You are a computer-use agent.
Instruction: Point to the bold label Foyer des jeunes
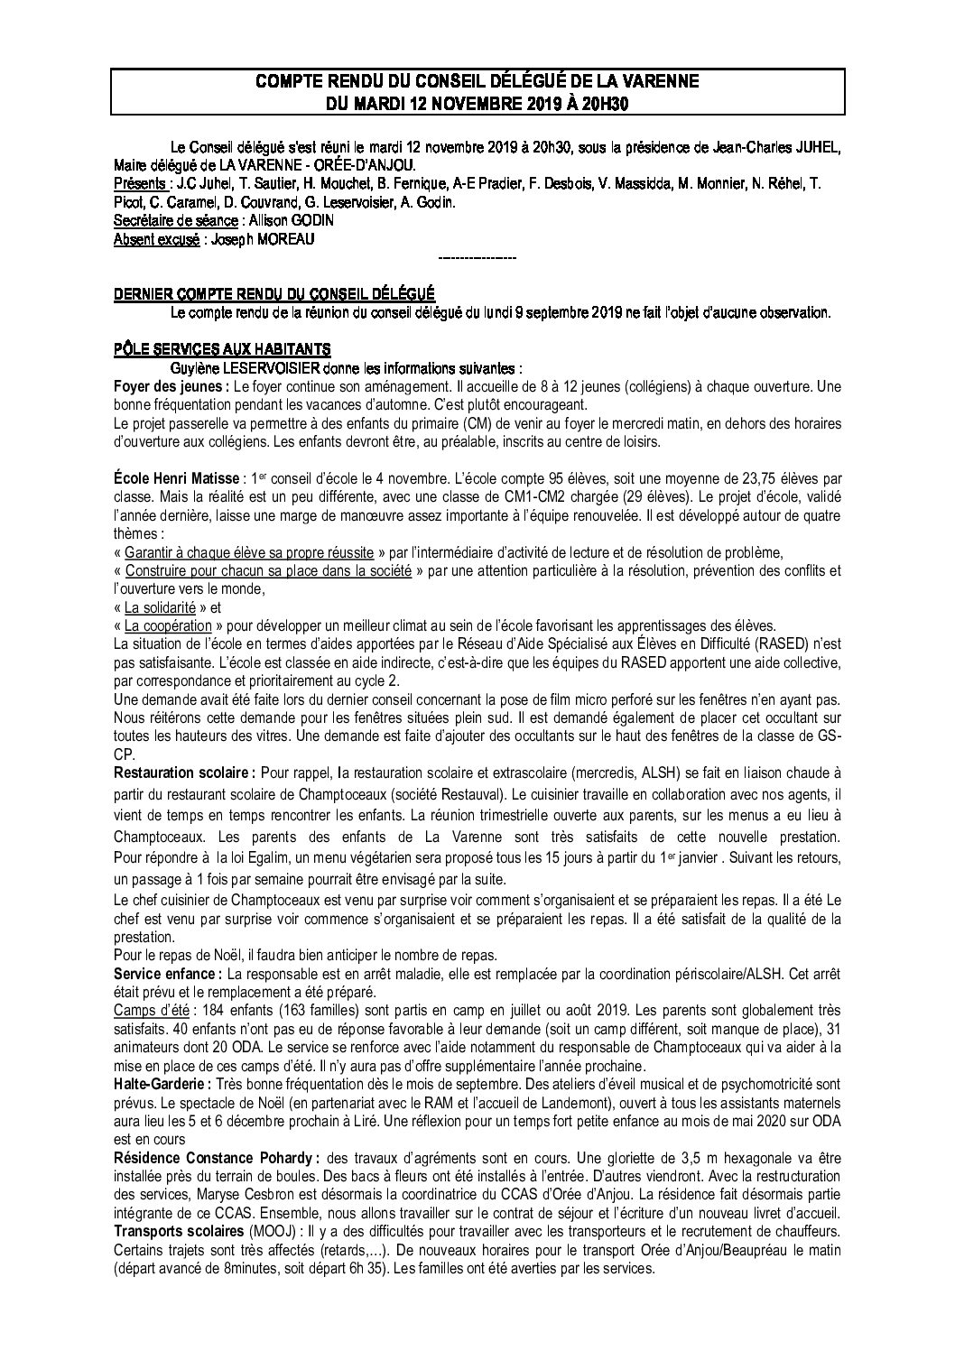pyautogui.click(x=169, y=386)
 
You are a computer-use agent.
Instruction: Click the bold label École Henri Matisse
pyautogui.click(x=177, y=477)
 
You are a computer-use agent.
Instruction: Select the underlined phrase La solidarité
pyautogui.click(x=160, y=607)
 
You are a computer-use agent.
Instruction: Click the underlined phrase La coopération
pyautogui.click(x=168, y=625)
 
